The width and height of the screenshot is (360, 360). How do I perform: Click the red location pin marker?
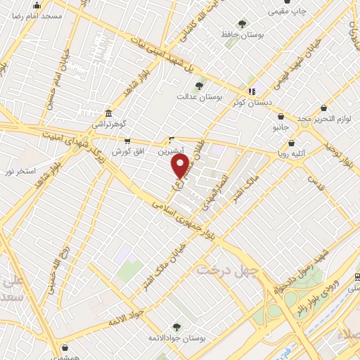click(181, 166)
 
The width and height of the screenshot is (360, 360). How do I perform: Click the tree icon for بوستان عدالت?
click(199, 86)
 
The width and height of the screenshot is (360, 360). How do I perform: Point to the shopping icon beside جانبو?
click(281, 117)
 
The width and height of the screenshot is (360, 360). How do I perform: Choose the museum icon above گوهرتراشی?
click(108, 114)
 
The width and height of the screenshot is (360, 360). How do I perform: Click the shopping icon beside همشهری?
click(65, 347)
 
